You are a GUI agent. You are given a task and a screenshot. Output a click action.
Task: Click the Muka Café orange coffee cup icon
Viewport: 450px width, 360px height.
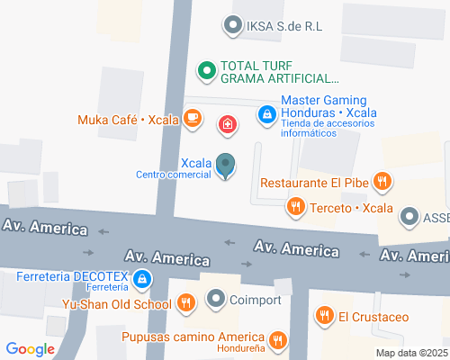pos(192,118)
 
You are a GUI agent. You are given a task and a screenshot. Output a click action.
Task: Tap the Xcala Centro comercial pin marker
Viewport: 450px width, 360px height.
pos(226,166)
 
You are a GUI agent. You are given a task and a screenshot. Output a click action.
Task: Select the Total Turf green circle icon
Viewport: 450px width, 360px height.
pos(206,68)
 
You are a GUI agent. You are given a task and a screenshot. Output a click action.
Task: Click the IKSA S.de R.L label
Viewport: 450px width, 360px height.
pos(280,26)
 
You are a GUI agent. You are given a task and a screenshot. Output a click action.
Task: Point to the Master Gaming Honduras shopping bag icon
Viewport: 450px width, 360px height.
pos(266,114)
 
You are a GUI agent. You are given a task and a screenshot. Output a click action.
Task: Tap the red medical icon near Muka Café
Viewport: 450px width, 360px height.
pos(228,123)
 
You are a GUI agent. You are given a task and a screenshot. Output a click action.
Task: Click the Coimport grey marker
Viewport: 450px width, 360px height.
pos(216,299)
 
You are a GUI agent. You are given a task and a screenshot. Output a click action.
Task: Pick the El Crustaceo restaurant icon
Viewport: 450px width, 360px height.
pos(323,316)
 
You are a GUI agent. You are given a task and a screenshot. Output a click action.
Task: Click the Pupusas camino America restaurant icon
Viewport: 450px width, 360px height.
pos(278,339)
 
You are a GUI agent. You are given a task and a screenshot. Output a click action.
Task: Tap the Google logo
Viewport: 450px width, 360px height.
pos(30,348)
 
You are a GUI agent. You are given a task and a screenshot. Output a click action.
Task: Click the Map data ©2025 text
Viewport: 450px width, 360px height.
pos(411,352)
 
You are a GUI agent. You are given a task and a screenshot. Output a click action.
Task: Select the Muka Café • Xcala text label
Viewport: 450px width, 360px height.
pos(127,119)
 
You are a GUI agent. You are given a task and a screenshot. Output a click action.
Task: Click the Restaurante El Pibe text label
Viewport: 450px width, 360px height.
pos(315,183)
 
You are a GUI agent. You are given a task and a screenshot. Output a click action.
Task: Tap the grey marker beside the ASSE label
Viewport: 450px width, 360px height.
pos(409,216)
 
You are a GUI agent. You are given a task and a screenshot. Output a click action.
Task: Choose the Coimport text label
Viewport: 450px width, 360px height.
pos(256,299)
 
